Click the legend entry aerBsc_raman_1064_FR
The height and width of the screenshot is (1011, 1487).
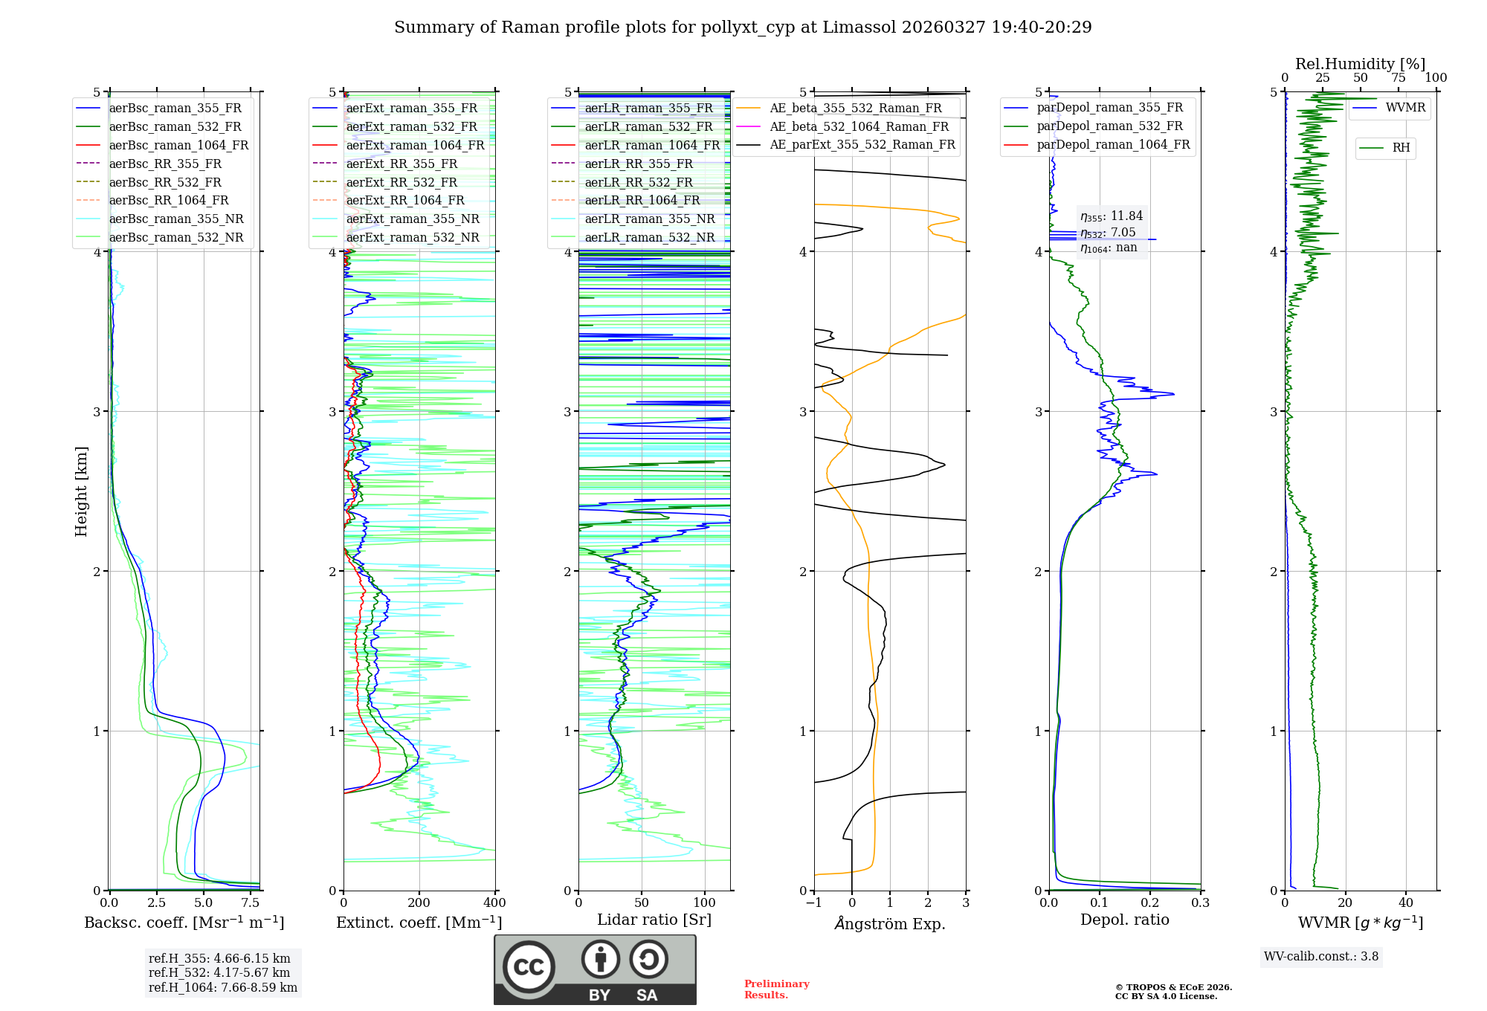click(178, 145)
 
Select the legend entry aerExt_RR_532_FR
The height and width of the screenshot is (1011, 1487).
click(401, 182)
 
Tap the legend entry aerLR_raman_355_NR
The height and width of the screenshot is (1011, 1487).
click(649, 219)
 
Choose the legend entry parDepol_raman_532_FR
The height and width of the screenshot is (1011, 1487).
click(1109, 126)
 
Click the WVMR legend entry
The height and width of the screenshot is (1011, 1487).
click(1405, 108)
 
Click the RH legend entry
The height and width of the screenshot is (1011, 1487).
click(1401, 148)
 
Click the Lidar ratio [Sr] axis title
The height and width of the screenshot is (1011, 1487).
click(654, 920)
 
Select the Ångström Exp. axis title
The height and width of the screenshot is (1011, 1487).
click(890, 923)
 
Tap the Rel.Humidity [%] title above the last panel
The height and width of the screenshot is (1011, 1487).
click(1360, 64)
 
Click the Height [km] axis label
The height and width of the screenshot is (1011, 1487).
click(81, 491)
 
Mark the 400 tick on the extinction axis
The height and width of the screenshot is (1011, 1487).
click(494, 902)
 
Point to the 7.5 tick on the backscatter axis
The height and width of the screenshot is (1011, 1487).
click(251, 902)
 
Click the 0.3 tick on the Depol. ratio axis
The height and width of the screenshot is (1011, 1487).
click(1200, 902)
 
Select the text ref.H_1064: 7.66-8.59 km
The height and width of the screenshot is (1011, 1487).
click(223, 987)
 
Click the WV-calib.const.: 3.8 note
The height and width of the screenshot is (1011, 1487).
click(1321, 956)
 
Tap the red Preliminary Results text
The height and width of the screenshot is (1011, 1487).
click(776, 989)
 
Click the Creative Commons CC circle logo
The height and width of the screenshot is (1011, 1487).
click(529, 967)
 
